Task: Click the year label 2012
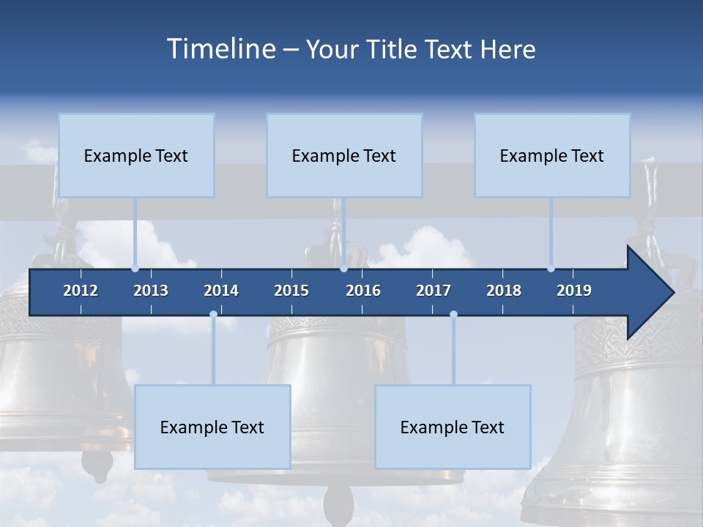[x=81, y=291]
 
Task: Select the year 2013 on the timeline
[x=151, y=291]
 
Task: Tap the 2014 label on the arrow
[x=221, y=291]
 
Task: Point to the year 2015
[x=291, y=291]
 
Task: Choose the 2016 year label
[x=363, y=291]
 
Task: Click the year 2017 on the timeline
[x=434, y=291]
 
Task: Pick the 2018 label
[x=504, y=291]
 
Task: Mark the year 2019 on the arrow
[x=574, y=291]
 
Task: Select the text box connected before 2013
[x=136, y=155]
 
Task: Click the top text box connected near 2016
[x=344, y=155]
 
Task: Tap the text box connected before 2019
[x=552, y=155]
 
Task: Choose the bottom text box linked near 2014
[x=212, y=427]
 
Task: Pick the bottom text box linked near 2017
[x=453, y=427]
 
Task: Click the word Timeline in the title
[x=220, y=49]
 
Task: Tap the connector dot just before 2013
[x=135, y=269]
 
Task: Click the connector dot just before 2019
[x=551, y=269]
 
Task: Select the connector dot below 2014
[x=213, y=315]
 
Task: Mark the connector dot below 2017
[x=453, y=315]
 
